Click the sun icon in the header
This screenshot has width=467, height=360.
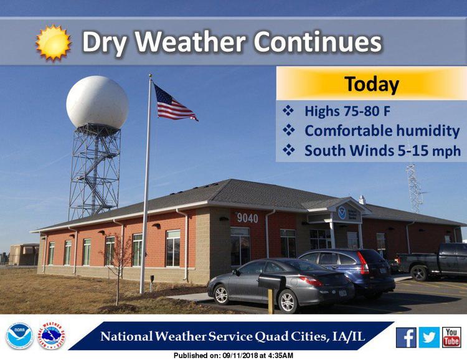pyautogui.click(x=54, y=42)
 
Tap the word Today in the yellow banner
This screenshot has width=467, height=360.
pyautogui.click(x=372, y=84)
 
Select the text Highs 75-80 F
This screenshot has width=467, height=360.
pyautogui.click(x=347, y=111)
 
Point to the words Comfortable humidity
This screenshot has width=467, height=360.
pyautogui.click(x=382, y=131)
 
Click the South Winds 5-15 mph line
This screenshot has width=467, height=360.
pyautogui.click(x=382, y=151)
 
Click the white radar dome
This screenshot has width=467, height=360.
pyautogui.click(x=97, y=102)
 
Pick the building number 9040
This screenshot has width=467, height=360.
pyautogui.click(x=247, y=218)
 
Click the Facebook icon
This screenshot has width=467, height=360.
pyautogui.click(x=406, y=338)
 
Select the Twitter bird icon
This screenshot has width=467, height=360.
pyautogui.click(x=429, y=338)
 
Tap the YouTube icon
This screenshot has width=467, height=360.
pyautogui.click(x=451, y=338)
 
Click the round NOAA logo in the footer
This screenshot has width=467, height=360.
pyautogui.click(x=19, y=336)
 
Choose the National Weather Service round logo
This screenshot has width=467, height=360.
pyautogui.click(x=52, y=336)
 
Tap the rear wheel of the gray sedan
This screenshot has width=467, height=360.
pyautogui.click(x=287, y=301)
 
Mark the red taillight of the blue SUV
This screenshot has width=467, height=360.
pyautogui.click(x=363, y=263)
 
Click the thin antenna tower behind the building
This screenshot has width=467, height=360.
pyautogui.click(x=415, y=187)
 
